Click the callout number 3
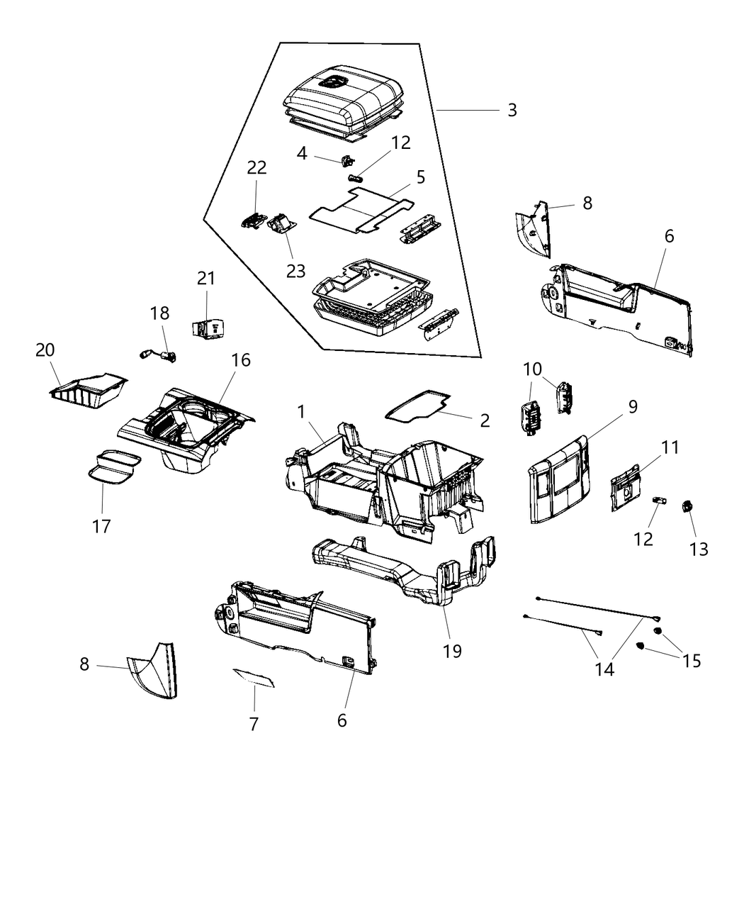point(512,110)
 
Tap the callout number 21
point(205,279)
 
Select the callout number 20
point(45,350)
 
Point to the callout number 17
point(101,526)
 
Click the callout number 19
point(452,650)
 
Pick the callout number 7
point(254,724)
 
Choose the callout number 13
point(699,549)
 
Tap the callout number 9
point(632,406)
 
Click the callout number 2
point(485,420)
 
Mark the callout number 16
point(241,360)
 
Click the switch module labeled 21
point(207,328)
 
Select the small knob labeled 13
point(686,506)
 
